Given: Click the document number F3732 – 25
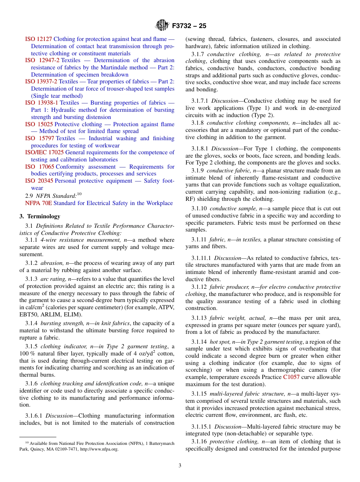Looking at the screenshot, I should tap(189, 26).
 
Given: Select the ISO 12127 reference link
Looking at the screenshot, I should tap(39, 39).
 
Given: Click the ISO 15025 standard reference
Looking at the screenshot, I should tap(39, 124).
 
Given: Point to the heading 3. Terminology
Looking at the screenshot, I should tap(40, 216).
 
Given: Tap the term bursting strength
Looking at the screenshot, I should tap(57, 323).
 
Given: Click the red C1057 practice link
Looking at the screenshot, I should tap(291, 377).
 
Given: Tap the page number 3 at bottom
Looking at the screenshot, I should tap(180, 466).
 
